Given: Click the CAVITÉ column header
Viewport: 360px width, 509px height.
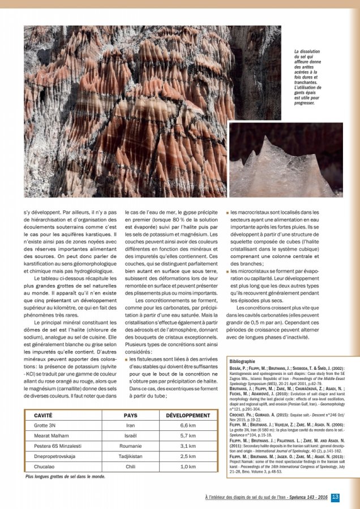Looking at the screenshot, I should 44,415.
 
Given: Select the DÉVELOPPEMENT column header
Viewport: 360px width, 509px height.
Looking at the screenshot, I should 188,415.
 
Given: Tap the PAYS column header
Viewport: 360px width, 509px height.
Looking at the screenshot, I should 130,415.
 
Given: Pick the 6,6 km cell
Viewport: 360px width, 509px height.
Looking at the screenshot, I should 188,425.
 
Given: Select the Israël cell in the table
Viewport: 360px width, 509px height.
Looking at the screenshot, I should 130,435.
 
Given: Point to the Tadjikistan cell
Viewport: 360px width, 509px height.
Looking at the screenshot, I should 130,456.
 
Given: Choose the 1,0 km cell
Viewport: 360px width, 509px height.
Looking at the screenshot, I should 188,467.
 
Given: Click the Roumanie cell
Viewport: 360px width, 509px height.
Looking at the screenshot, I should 130,446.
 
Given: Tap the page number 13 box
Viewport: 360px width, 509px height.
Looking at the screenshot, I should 335,497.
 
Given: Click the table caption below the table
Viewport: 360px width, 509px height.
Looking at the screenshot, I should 66,477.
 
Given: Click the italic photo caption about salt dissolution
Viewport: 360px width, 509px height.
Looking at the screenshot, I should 308,77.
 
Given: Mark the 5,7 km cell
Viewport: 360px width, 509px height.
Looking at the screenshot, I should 188,435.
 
